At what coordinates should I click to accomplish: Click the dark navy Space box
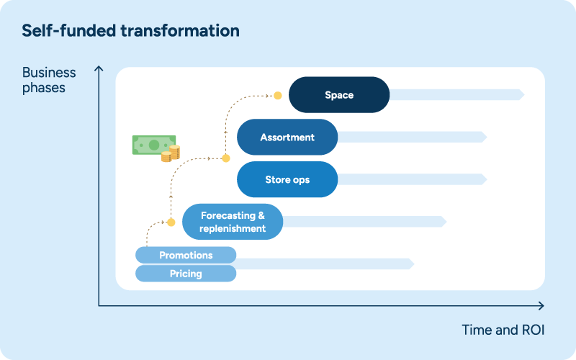click(x=339, y=95)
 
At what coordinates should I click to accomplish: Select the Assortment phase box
click(x=287, y=137)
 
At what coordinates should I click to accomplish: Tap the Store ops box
click(x=287, y=179)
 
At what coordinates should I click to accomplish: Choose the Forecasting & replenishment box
click(x=233, y=222)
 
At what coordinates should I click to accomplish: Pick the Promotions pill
click(x=186, y=255)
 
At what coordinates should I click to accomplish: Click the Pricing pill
click(x=186, y=274)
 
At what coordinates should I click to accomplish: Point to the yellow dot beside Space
click(x=278, y=96)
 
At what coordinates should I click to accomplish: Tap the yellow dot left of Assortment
click(x=226, y=158)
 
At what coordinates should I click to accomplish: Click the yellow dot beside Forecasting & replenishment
click(x=171, y=222)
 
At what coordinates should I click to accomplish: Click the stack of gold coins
click(x=171, y=154)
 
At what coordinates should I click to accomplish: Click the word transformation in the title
click(x=180, y=30)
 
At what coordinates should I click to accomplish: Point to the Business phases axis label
click(x=49, y=80)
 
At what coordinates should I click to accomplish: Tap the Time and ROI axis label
click(x=503, y=330)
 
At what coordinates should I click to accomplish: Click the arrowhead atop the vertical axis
click(x=99, y=68)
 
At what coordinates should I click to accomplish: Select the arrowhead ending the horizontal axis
click(x=541, y=305)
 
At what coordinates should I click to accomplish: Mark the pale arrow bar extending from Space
click(x=457, y=95)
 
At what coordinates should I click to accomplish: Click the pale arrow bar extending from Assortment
click(x=413, y=137)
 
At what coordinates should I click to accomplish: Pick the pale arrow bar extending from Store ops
click(x=413, y=179)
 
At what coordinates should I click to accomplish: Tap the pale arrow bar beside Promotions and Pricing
click(x=325, y=264)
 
